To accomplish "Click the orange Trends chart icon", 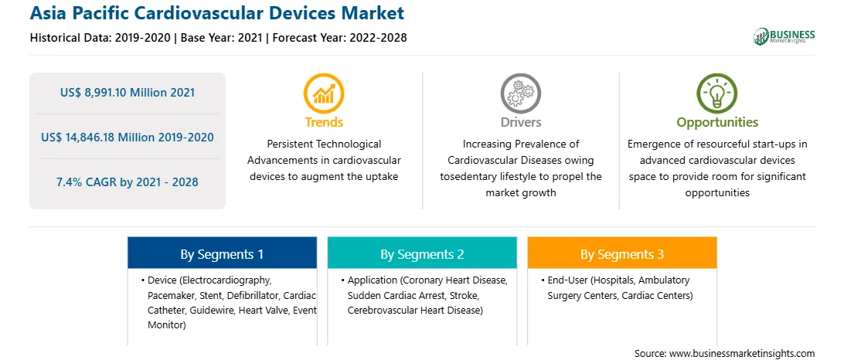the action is pos(324,93).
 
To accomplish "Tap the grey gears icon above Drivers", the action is pos(520,93).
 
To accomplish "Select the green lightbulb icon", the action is pos(717,93).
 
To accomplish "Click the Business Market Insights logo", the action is pos(784,36).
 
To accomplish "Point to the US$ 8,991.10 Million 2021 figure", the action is pos(128,93).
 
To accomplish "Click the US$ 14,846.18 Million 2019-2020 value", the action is pos(128,138).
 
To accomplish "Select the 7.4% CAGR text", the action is pos(128,182).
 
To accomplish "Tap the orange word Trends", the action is pos(324,123).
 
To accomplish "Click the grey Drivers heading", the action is pos(520,123).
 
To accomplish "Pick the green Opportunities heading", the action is pos(717,123).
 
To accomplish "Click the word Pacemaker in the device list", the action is pos(169,295).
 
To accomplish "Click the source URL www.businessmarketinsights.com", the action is pos(740,353).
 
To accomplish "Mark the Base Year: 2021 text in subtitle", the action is pos(222,38).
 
